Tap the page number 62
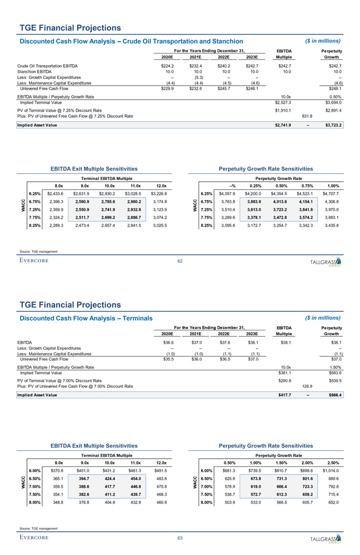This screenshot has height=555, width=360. pos(180,260)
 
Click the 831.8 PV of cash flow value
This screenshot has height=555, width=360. pos(307,116)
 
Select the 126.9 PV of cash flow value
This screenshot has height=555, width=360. pos(307,386)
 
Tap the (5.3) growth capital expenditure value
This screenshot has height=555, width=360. pos(195,77)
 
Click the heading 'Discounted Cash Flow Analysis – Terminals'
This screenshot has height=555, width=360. pos(86,318)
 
